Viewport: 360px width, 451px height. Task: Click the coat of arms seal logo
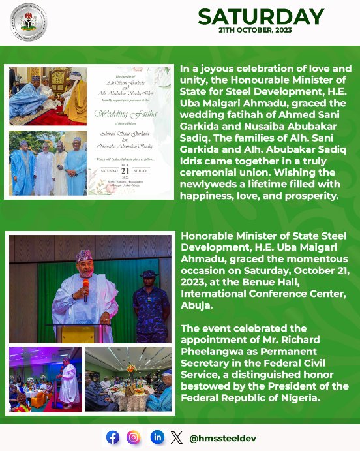[28, 22]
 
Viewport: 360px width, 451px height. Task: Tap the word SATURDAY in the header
[261, 17]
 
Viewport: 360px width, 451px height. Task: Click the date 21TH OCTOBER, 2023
[261, 31]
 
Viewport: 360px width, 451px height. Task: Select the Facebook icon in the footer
[113, 437]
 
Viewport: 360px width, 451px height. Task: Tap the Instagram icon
[134, 437]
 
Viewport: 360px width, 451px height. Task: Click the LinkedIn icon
[157, 437]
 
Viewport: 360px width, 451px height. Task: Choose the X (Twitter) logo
[176, 437]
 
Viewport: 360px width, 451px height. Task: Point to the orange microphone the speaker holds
[85, 286]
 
